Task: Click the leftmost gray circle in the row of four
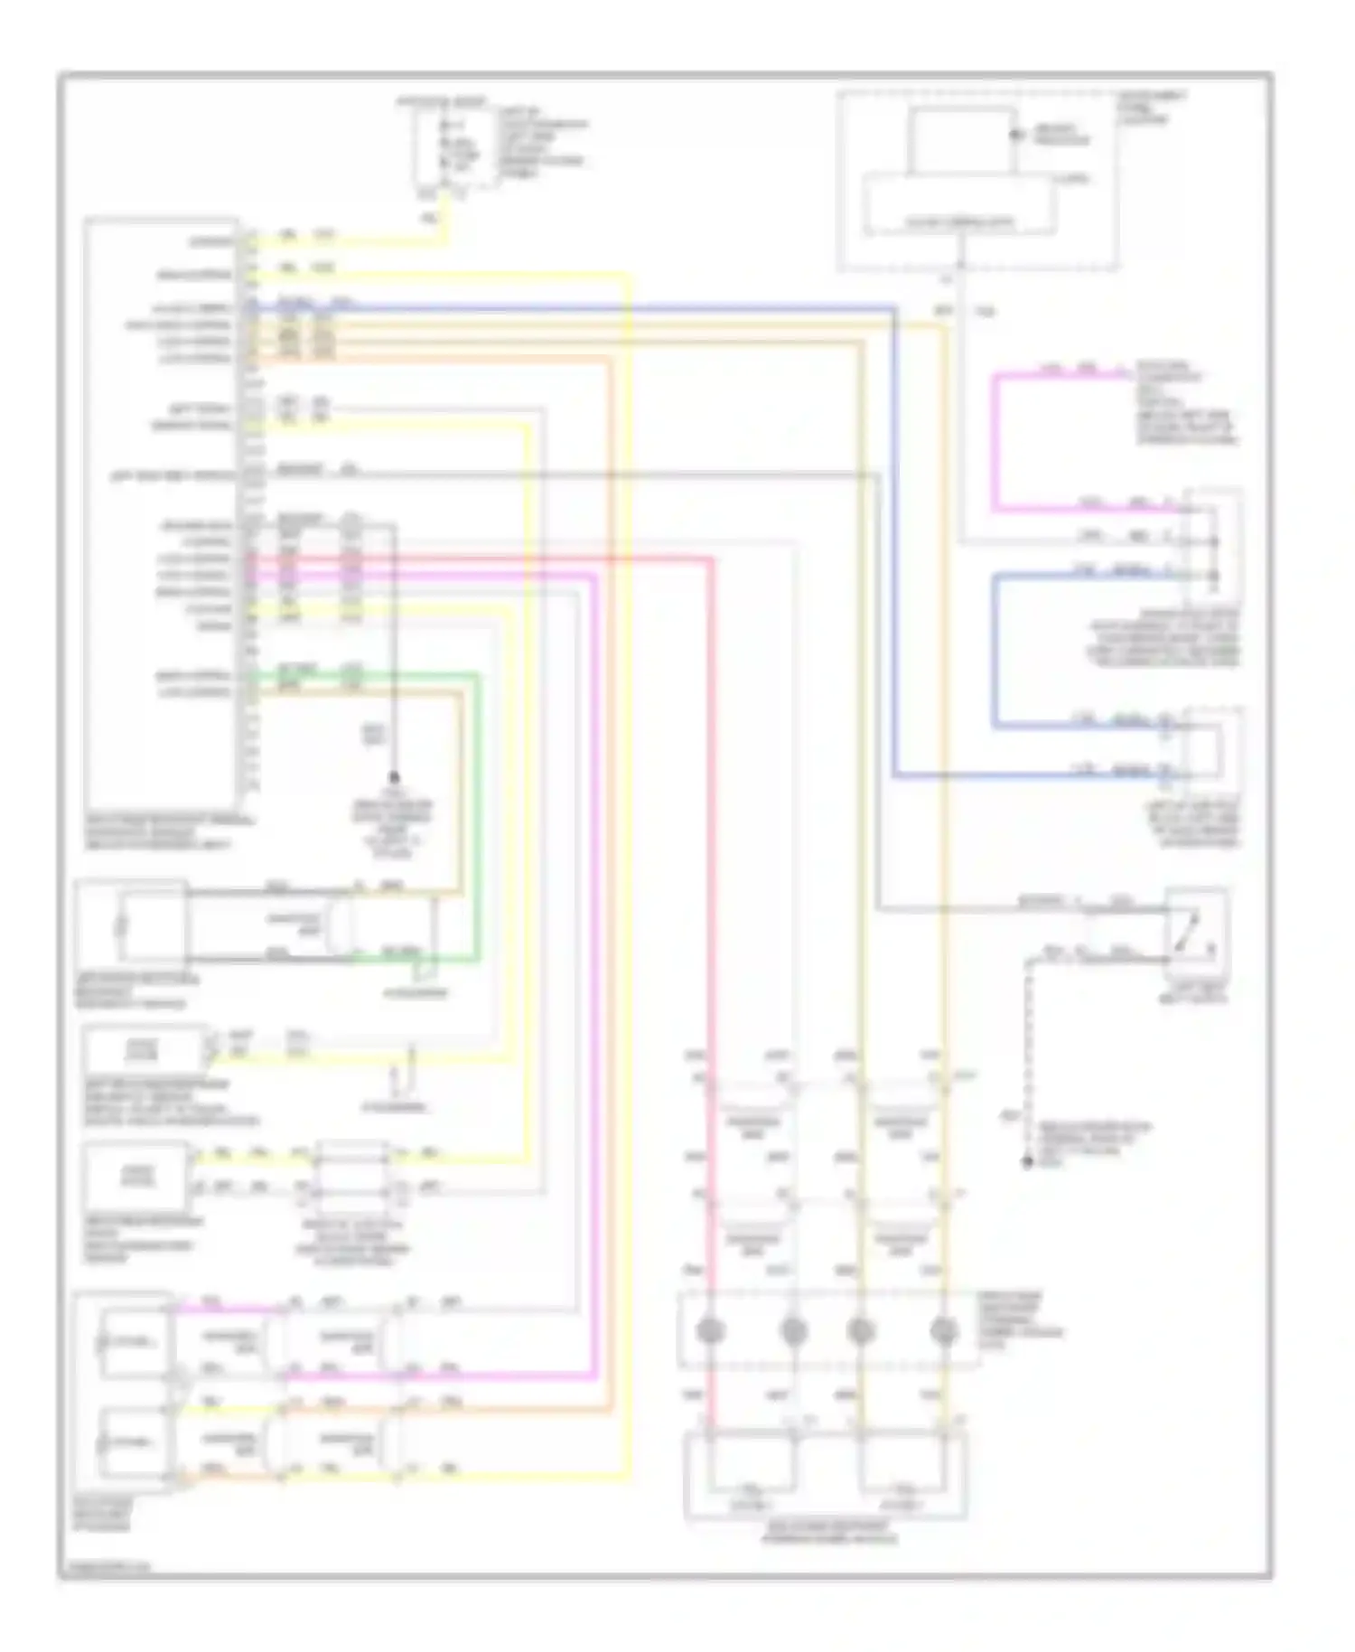[712, 1330]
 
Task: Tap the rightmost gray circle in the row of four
[944, 1330]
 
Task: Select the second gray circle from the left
[793, 1330]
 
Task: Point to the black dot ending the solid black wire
[394, 776]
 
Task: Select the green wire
[477, 813]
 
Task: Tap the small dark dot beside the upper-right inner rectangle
[1014, 136]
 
